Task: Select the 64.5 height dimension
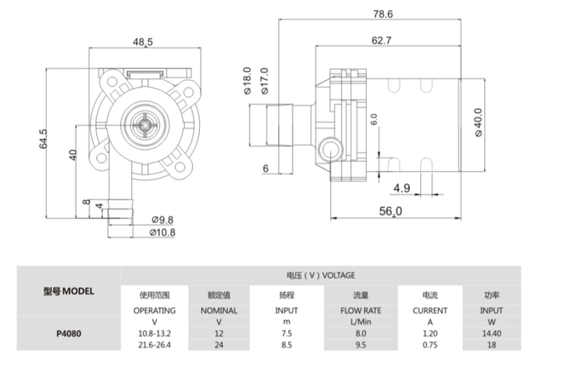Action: (44, 138)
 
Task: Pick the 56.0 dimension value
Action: (390, 210)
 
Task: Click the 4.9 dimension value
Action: (402, 188)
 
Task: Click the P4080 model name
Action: (68, 334)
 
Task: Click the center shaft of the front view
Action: (148, 126)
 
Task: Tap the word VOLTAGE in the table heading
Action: (339, 275)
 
